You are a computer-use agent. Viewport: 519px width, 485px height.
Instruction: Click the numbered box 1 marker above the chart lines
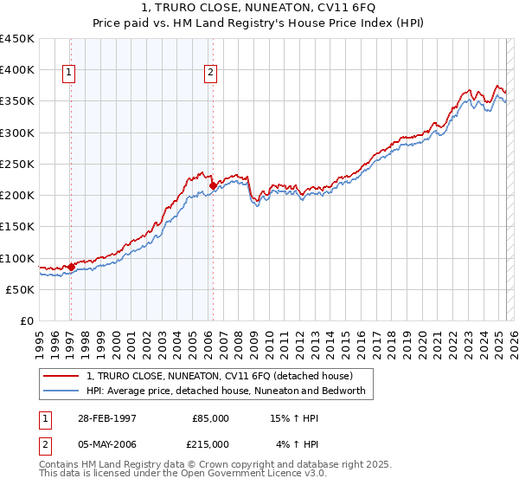tap(68, 74)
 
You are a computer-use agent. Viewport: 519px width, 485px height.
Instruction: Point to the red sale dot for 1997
tap(71, 267)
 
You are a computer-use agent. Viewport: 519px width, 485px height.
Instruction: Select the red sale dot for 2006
tap(213, 185)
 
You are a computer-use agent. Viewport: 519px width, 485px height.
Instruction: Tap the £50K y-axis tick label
tap(20, 289)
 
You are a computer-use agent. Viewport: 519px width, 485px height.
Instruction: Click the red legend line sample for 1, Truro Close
tap(61, 377)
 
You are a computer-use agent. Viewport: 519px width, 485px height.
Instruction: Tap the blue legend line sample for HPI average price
tap(61, 391)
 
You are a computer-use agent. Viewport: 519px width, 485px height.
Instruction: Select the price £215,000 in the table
tap(210, 444)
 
